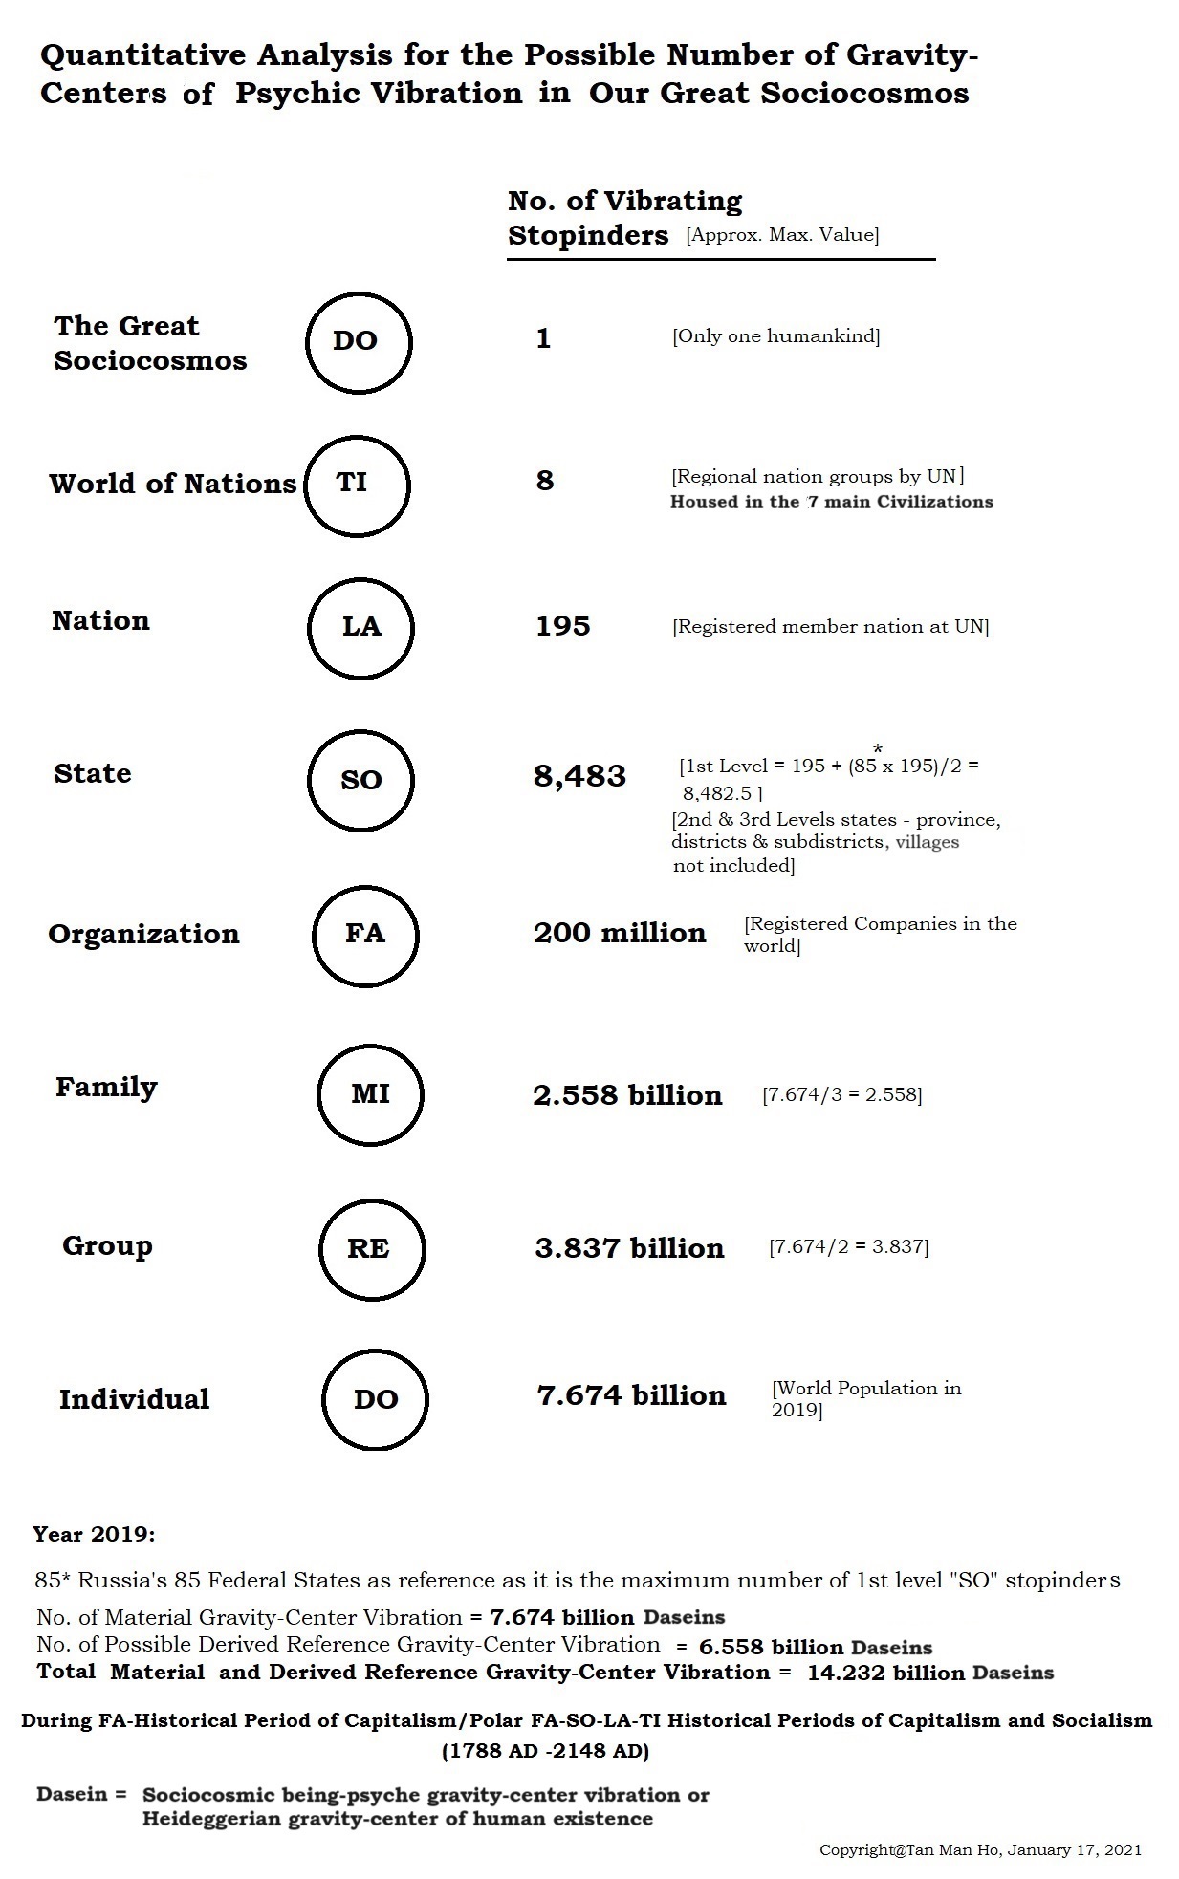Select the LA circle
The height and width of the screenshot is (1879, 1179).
point(360,627)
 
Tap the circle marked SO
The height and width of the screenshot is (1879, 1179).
point(360,780)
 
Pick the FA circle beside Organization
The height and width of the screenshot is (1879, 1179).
point(364,934)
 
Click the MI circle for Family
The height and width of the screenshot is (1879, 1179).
point(370,1094)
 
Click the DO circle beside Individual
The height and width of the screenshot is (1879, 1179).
point(375,1400)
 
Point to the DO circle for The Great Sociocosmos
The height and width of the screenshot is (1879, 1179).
point(358,341)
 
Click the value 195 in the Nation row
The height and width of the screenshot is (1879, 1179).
point(562,627)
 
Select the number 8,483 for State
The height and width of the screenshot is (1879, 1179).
point(579,776)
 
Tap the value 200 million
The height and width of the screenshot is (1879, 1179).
point(620,933)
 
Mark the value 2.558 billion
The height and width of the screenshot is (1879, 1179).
point(627,1095)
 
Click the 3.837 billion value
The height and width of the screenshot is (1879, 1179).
point(629,1248)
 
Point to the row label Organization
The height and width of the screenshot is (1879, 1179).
point(143,934)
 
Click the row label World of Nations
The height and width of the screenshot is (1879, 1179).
point(172,484)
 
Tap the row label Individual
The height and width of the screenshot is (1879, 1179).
point(134,1399)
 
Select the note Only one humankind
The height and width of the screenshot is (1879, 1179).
point(775,336)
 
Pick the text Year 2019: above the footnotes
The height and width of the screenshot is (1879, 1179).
point(94,1535)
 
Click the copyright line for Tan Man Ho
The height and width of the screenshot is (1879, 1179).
point(980,1849)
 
